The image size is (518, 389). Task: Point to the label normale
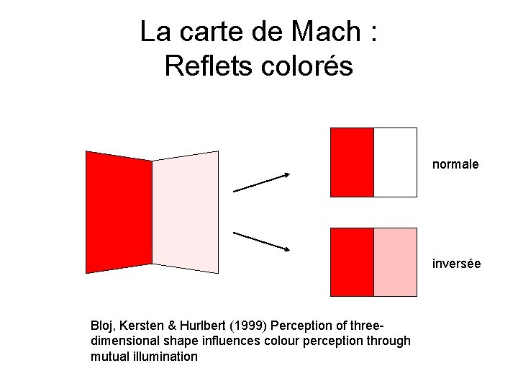click(x=455, y=164)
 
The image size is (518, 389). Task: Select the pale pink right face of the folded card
click(x=185, y=214)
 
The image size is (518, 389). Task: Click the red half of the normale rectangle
click(x=352, y=162)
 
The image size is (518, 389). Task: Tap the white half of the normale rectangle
click(x=395, y=162)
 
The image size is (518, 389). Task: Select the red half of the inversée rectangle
click(x=352, y=262)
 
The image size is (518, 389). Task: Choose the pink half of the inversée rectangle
click(x=395, y=262)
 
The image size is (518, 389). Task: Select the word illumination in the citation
click(x=165, y=356)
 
